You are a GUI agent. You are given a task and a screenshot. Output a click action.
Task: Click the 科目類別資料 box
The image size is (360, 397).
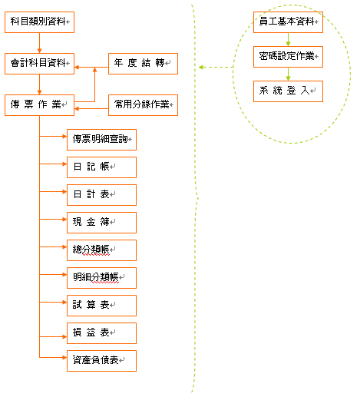click(x=39, y=22)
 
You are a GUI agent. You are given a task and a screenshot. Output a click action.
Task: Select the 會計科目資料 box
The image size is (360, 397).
click(x=39, y=64)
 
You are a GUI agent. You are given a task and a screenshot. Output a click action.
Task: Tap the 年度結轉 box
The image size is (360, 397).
click(x=143, y=64)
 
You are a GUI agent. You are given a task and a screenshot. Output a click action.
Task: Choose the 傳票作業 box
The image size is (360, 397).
click(x=39, y=105)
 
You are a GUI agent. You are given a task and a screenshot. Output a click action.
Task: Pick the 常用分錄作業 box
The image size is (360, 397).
click(x=143, y=105)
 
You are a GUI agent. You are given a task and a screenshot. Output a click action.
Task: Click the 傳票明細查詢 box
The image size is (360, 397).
click(x=101, y=140)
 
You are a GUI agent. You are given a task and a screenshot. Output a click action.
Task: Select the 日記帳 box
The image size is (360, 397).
click(x=101, y=167)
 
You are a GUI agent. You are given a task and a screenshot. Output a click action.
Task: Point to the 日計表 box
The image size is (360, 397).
click(x=101, y=195)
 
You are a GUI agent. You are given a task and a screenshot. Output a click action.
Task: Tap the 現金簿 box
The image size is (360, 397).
click(x=101, y=223)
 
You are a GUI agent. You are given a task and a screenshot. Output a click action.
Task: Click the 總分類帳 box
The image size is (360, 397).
click(x=101, y=250)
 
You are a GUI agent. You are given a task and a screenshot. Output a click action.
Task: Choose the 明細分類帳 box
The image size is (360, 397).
click(x=101, y=278)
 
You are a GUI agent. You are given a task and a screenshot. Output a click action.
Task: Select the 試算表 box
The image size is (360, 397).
click(x=101, y=306)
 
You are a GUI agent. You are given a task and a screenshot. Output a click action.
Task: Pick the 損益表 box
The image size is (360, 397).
click(x=101, y=333)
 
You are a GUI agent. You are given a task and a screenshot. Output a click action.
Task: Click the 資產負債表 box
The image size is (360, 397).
click(x=101, y=361)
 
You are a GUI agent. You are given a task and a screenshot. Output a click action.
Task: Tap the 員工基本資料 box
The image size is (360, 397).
click(x=288, y=22)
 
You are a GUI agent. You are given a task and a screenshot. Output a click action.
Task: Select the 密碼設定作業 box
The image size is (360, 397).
click(x=288, y=57)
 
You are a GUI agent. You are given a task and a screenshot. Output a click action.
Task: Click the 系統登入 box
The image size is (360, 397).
click(x=288, y=91)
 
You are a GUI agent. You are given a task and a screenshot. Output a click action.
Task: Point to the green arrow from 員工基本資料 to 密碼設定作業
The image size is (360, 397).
click(x=288, y=39)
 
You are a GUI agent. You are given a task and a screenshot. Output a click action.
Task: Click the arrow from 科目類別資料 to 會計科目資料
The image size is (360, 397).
click(x=39, y=43)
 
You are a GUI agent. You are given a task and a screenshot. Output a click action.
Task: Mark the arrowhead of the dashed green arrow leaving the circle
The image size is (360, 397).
click(x=201, y=68)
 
